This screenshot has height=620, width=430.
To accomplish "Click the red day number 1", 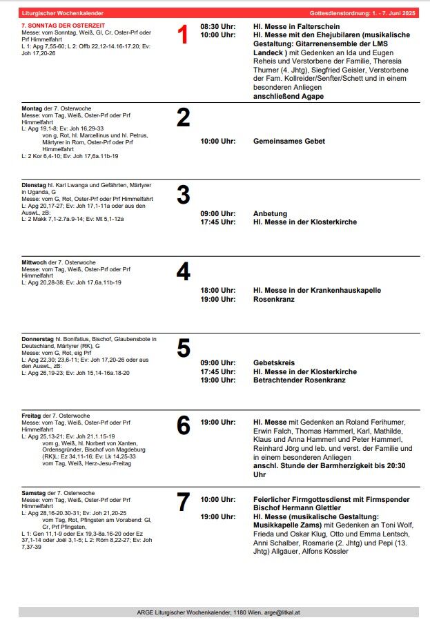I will click(x=183, y=35).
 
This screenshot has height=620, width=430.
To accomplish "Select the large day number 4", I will click(x=183, y=272).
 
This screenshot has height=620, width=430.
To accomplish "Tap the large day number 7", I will click(x=183, y=503).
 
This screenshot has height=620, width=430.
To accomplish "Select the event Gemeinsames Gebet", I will click(x=289, y=141).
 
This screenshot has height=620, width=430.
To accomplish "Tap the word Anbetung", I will click(x=271, y=213).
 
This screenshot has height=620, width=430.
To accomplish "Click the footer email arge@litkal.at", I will click(x=277, y=612).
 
